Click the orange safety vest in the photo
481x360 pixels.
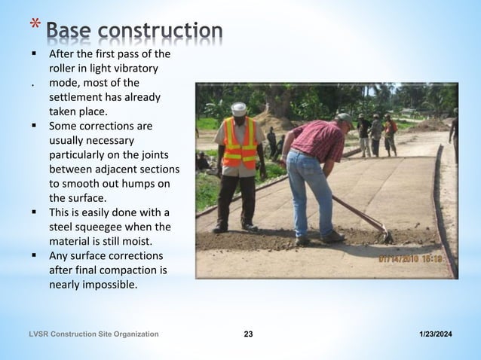tap(240, 142)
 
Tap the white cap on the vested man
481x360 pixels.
tap(239, 107)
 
